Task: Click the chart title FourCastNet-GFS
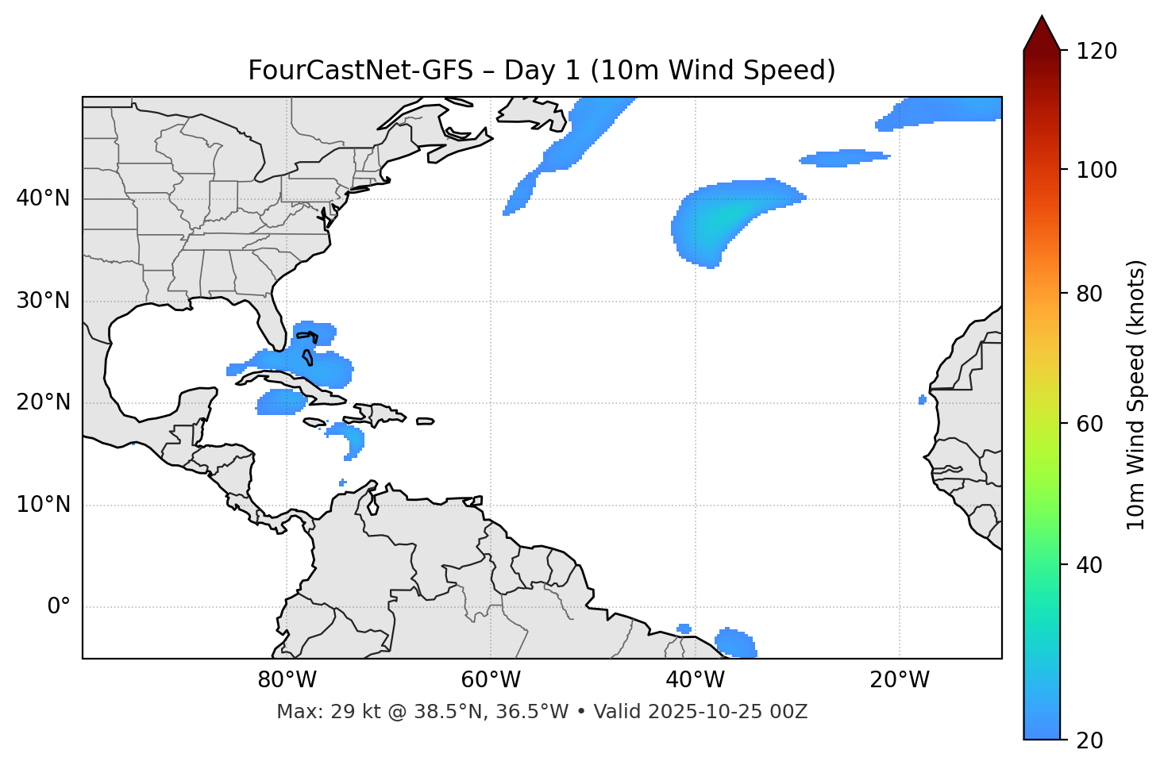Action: [542, 71]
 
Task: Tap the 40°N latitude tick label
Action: [43, 198]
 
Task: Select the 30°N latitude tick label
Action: [43, 301]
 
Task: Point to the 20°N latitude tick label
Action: [43, 402]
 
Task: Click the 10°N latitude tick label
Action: [43, 505]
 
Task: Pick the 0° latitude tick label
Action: [59, 607]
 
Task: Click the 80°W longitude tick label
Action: [287, 680]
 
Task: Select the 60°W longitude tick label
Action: [491, 680]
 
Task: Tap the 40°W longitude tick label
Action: [696, 680]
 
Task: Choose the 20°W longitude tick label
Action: [900, 680]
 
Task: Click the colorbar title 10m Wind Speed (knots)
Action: [1136, 394]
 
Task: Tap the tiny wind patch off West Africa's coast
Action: [923, 400]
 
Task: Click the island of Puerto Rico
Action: [425, 421]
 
